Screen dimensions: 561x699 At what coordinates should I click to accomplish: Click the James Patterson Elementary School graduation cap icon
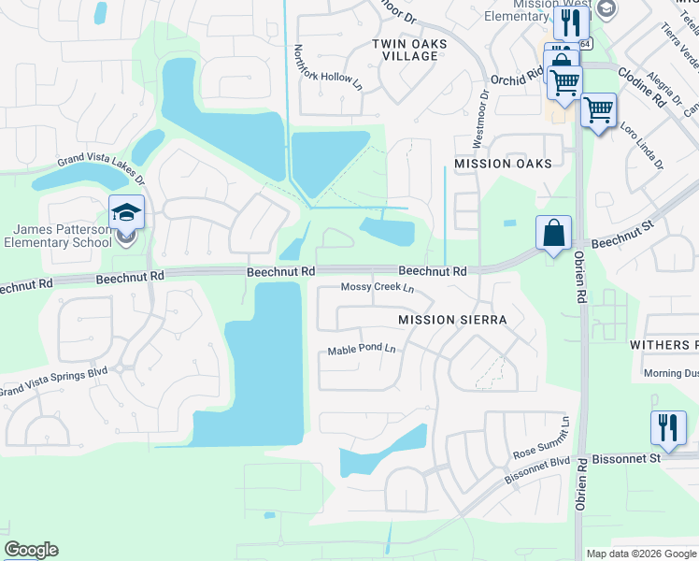tap(126, 212)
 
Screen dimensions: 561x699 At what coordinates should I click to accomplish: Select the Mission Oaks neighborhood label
tap(503, 163)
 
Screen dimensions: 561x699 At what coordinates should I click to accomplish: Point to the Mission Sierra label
tap(452, 320)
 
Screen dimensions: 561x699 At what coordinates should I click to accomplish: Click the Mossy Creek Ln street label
tap(377, 287)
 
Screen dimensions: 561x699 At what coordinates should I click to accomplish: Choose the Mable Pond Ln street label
tap(363, 351)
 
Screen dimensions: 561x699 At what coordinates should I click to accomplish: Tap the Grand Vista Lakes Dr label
tap(101, 167)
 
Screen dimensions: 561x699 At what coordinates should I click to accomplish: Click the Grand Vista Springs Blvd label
tap(54, 382)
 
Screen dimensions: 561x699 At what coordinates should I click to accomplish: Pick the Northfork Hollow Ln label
tap(328, 67)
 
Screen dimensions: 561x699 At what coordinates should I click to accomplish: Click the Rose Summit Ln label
tap(541, 439)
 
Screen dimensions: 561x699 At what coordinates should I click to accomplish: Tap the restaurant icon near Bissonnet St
tap(668, 428)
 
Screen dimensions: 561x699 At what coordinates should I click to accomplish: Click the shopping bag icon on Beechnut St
tap(553, 233)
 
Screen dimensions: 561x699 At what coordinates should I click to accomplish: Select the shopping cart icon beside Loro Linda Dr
tap(598, 109)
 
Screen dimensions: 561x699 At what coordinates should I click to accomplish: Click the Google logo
tap(31, 550)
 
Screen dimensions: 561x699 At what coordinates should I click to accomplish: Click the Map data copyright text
tap(640, 554)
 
